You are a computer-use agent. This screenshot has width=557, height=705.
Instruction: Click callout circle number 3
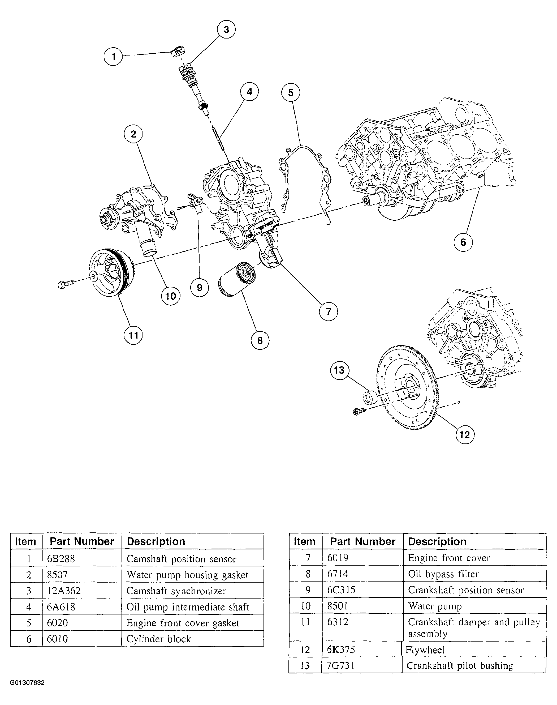226,29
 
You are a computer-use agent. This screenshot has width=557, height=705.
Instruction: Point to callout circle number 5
291,92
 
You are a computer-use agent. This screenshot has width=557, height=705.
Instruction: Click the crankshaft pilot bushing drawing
370,397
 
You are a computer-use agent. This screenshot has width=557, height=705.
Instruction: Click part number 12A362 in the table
64,591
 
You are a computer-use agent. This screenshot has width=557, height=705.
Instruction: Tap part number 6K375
341,650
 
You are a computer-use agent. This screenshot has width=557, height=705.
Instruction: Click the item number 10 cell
306,606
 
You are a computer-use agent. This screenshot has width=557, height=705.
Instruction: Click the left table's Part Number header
81,541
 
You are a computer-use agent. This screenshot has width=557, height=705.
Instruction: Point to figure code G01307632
27,682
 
